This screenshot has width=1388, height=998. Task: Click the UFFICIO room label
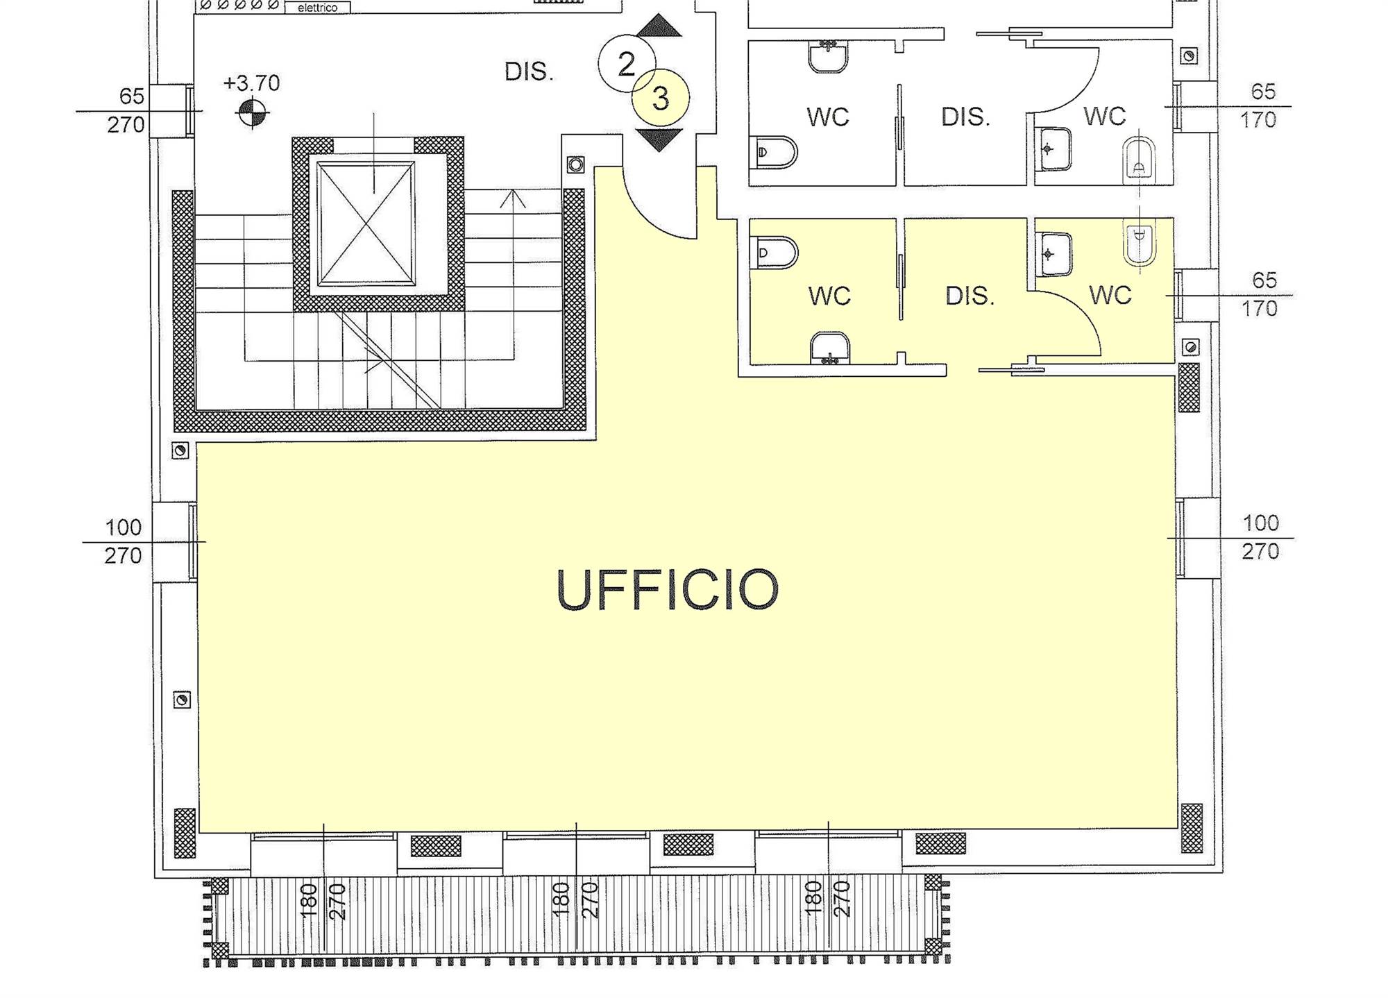pyautogui.click(x=668, y=590)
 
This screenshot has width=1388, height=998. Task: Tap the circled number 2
pyautogui.click(x=626, y=64)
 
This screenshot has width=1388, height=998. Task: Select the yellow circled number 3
pyautogui.click(x=661, y=98)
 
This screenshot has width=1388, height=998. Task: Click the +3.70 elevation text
pyautogui.click(x=251, y=83)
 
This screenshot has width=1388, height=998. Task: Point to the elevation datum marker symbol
pyautogui.click(x=252, y=112)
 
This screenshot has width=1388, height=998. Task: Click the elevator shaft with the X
pyautogui.click(x=366, y=223)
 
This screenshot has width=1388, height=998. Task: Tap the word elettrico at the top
pyautogui.click(x=317, y=8)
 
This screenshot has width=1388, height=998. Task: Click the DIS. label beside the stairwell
pyautogui.click(x=529, y=71)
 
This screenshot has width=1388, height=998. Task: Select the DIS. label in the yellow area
pyautogui.click(x=970, y=296)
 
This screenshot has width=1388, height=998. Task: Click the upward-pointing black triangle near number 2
pyautogui.click(x=659, y=26)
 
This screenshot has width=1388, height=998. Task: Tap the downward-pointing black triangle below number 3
pyautogui.click(x=659, y=139)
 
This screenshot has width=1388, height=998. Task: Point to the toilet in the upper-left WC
pyautogui.click(x=775, y=152)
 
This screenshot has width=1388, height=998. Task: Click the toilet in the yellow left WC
pyautogui.click(x=775, y=253)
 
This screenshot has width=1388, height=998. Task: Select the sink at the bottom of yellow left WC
pyautogui.click(x=830, y=348)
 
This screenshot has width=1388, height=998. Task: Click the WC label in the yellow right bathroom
pyautogui.click(x=1110, y=295)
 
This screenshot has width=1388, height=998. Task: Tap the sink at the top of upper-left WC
pyautogui.click(x=829, y=56)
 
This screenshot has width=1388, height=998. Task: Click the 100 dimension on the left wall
pyautogui.click(x=123, y=527)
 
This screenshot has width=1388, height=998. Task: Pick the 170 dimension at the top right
pyautogui.click(x=1258, y=120)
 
